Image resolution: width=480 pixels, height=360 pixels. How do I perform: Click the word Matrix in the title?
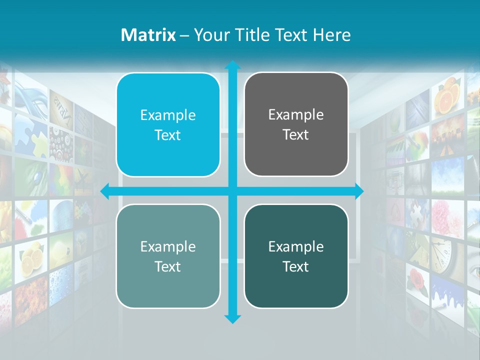148,35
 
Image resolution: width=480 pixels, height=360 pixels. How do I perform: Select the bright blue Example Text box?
168,125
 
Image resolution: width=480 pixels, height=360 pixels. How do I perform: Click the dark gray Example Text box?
296,124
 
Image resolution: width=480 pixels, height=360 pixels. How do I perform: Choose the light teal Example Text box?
168,256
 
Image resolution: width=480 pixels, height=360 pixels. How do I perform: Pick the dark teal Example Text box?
296,256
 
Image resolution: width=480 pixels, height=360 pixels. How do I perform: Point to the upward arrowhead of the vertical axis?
232,65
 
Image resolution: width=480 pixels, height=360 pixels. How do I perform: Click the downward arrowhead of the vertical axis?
232,318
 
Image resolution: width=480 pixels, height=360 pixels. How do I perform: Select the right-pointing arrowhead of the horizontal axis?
359,191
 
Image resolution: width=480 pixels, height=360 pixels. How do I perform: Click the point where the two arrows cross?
232,191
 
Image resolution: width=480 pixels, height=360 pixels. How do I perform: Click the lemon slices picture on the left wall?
31,255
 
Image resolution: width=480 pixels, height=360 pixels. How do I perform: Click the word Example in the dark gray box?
296,115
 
